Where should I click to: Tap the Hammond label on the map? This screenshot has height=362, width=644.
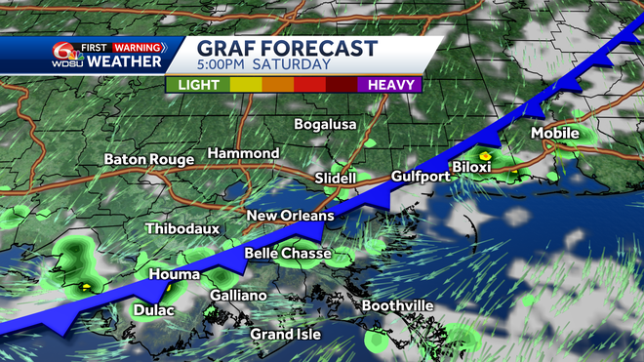[x=243, y=154]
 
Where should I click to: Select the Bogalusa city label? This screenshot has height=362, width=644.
[x=326, y=125]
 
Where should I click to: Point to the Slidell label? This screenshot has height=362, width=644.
[x=338, y=179]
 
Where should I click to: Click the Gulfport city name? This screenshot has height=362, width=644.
[x=421, y=177]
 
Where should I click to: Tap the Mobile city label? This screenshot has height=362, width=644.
[x=555, y=133]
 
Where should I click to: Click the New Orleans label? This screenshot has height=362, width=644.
[x=290, y=216]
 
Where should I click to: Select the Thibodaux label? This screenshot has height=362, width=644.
[x=181, y=229]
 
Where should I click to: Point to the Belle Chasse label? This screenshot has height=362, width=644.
[x=287, y=255]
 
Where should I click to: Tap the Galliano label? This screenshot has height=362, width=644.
[x=238, y=296]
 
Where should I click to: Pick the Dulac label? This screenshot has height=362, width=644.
[x=153, y=311]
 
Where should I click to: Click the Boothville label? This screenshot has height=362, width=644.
[x=397, y=306]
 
